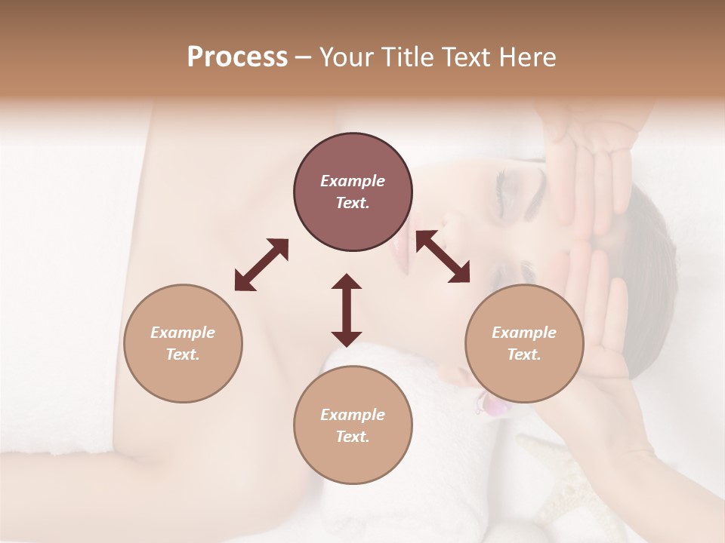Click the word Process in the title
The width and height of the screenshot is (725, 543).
(237, 57)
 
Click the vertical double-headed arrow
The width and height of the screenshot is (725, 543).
(347, 310)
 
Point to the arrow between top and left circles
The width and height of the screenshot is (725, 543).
(261, 265)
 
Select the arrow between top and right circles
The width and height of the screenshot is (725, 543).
(443, 256)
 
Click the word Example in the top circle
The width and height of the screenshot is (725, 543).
(353, 181)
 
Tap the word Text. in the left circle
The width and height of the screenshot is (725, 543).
(183, 354)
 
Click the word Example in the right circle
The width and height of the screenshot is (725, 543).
(524, 333)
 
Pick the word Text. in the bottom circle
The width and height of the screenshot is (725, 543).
(353, 437)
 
